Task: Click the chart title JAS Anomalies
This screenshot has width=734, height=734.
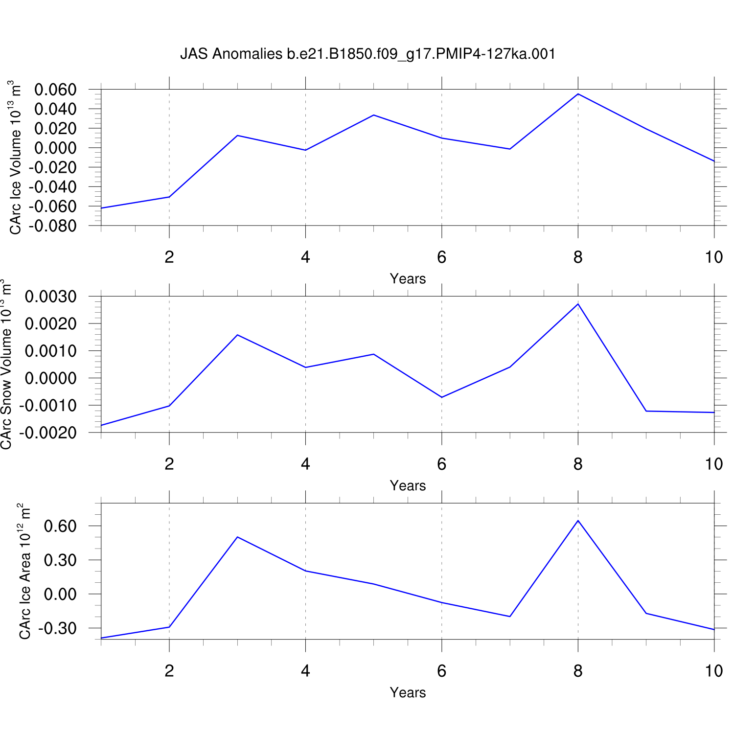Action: click(x=367, y=54)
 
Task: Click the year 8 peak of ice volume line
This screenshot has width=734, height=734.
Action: click(x=578, y=94)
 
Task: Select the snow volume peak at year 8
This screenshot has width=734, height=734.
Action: click(x=578, y=304)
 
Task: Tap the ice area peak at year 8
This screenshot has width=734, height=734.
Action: click(x=578, y=521)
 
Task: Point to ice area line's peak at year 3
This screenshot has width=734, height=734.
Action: click(x=237, y=537)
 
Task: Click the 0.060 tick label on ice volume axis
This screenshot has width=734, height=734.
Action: click(x=55, y=90)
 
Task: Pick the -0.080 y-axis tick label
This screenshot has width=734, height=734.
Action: click(x=53, y=226)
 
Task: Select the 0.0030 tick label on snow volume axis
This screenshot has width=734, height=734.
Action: click(x=51, y=297)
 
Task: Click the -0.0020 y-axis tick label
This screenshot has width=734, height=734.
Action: click(x=48, y=433)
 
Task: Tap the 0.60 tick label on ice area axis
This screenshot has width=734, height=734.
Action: click(x=60, y=526)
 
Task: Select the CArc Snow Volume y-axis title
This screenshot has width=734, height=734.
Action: click(x=6, y=365)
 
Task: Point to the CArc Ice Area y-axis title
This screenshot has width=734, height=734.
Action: click(x=24, y=571)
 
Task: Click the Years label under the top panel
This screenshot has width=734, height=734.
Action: click(x=408, y=279)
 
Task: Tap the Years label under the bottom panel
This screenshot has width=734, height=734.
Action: click(x=408, y=693)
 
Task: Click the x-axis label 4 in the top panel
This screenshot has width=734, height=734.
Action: click(x=305, y=257)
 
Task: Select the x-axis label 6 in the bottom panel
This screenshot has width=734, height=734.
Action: click(x=442, y=671)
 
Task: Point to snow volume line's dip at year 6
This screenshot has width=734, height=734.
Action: click(x=442, y=397)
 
